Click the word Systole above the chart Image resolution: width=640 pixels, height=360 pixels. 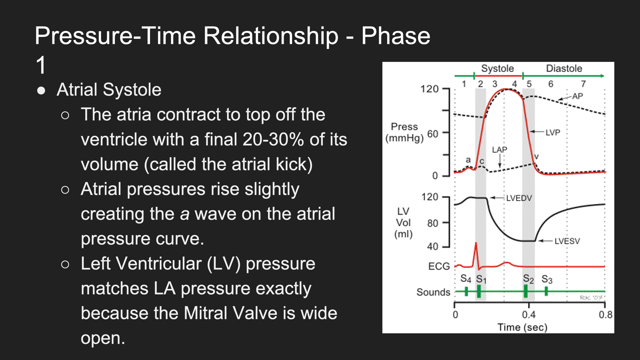pos(498,68)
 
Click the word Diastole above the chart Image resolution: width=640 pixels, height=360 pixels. pos(564,68)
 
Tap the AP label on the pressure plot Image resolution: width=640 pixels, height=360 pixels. pos(578,96)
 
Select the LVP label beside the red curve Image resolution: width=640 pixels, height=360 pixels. pos(552,132)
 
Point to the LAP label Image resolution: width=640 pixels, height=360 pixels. pos(500,150)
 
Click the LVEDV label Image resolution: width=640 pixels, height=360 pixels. pos(519,198)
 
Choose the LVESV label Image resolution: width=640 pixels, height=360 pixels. pos(567,241)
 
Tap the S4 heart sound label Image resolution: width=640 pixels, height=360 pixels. pos(466,278)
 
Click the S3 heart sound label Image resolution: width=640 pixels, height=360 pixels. pos(547,279)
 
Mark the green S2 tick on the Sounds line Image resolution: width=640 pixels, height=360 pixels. pos(526,292)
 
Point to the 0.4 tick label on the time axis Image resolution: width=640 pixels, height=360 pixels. pos(528,314)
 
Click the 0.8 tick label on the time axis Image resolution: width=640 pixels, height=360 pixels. pos(606,314)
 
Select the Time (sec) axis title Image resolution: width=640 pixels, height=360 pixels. pos(522,327)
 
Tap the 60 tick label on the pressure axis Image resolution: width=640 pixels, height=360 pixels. pos(432,134)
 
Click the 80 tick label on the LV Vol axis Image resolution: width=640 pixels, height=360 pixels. pos(432,223)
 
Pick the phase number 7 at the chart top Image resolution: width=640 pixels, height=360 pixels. pos(583,84)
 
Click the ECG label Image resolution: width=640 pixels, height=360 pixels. pos(439,266)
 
